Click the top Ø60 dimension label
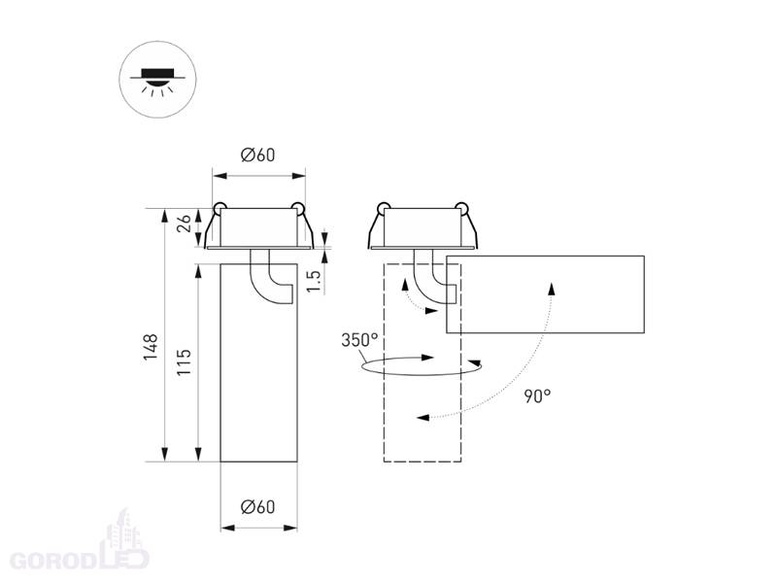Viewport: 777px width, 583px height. click(x=257, y=155)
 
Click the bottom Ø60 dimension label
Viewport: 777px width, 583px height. click(x=257, y=507)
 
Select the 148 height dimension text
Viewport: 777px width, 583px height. click(x=151, y=347)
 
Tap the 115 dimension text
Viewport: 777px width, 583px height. click(x=184, y=361)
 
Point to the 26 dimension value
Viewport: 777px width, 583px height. click(x=184, y=223)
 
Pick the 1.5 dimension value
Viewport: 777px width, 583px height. click(x=314, y=281)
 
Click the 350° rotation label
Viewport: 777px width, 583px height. click(x=359, y=340)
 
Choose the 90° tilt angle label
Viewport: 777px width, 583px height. click(x=537, y=396)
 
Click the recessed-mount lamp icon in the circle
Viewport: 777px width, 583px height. click(x=157, y=81)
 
